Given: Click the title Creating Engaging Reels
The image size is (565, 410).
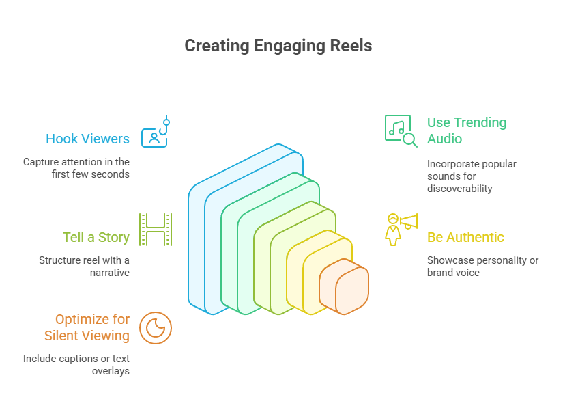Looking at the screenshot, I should [x=278, y=46].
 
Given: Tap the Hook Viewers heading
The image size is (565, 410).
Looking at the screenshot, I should [x=87, y=139].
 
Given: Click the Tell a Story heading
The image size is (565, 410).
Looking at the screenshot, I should [x=96, y=237].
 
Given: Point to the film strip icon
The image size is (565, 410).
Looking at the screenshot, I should [x=155, y=229].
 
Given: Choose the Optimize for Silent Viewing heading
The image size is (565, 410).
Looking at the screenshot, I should [x=87, y=327].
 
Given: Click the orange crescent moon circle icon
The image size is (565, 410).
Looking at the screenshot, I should [x=156, y=327].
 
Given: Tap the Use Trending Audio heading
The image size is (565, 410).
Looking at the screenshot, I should [x=467, y=131].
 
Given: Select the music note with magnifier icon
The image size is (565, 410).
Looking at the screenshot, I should [x=401, y=131].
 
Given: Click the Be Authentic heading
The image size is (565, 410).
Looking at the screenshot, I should [x=465, y=237].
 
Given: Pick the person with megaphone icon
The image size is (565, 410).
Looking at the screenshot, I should [x=401, y=229].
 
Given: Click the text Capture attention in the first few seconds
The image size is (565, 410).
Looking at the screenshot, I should [x=76, y=168].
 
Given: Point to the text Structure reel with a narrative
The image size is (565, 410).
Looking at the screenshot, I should [x=84, y=266].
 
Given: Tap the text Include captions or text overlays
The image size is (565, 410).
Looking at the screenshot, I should [x=76, y=365].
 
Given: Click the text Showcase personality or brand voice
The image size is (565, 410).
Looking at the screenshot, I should [x=482, y=266].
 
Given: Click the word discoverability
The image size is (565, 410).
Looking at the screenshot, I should [x=460, y=189].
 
